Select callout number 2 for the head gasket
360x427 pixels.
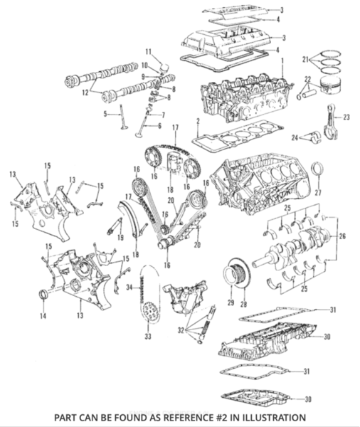coord(196,122)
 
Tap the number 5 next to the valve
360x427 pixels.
coord(105,113)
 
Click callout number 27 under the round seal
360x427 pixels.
coord(318,192)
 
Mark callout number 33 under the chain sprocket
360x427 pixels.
coord(149,335)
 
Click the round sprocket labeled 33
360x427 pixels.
coord(149,311)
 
